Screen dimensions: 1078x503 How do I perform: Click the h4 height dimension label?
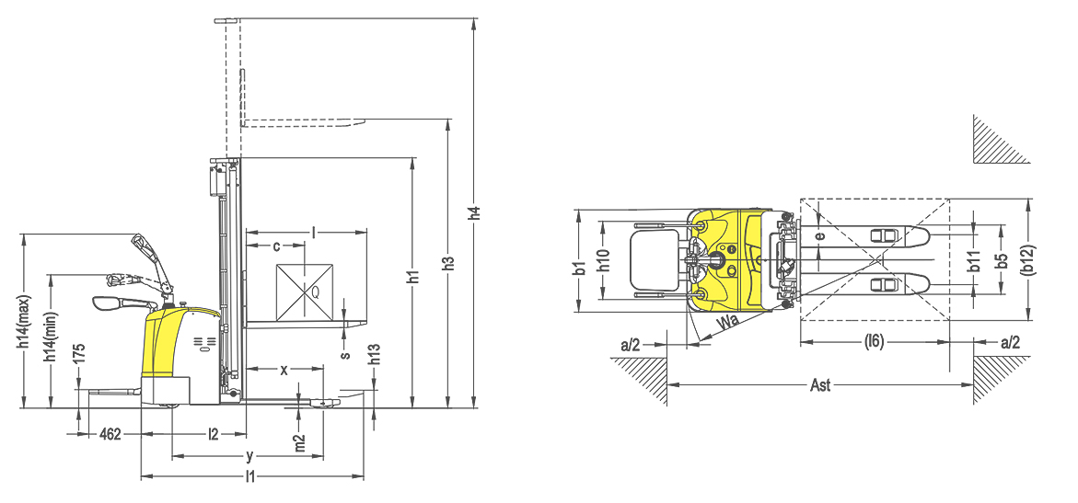tap(474, 212)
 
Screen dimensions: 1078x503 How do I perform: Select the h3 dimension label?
tap(448, 263)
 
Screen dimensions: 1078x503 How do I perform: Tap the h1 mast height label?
tap(412, 276)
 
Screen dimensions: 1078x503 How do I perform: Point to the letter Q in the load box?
tap(316, 292)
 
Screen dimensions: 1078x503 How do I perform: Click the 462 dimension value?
tap(110, 434)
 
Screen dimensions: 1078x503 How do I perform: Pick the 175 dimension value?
tap(80, 353)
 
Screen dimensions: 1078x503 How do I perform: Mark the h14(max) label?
tap(23, 321)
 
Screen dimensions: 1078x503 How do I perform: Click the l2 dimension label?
tap(214, 434)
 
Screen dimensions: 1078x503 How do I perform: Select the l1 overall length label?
tap(250, 476)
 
